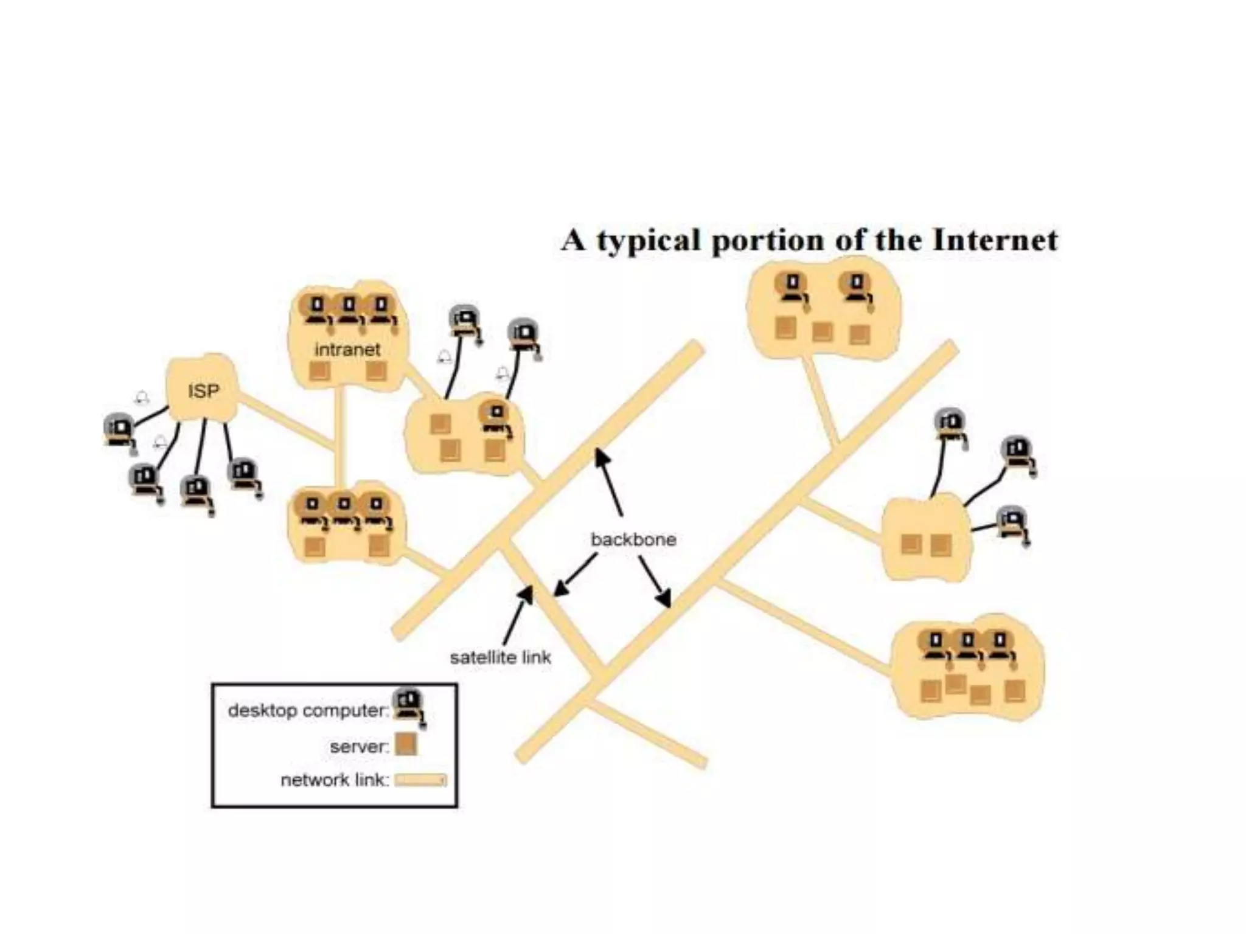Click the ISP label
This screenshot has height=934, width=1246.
tap(203, 390)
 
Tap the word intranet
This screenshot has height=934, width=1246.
tap(347, 350)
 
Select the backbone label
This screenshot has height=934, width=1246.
tap(633, 539)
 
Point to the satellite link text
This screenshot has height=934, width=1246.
tap(500, 657)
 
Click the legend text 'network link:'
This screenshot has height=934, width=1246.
tap(335, 780)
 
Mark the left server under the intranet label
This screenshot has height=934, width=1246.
tap(319, 370)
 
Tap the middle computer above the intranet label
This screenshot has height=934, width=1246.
tap(349, 309)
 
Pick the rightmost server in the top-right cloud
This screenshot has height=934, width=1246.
tap(860, 334)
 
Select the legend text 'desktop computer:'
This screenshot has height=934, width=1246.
tap(308, 710)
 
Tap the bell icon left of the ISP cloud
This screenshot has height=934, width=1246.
tap(142, 398)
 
